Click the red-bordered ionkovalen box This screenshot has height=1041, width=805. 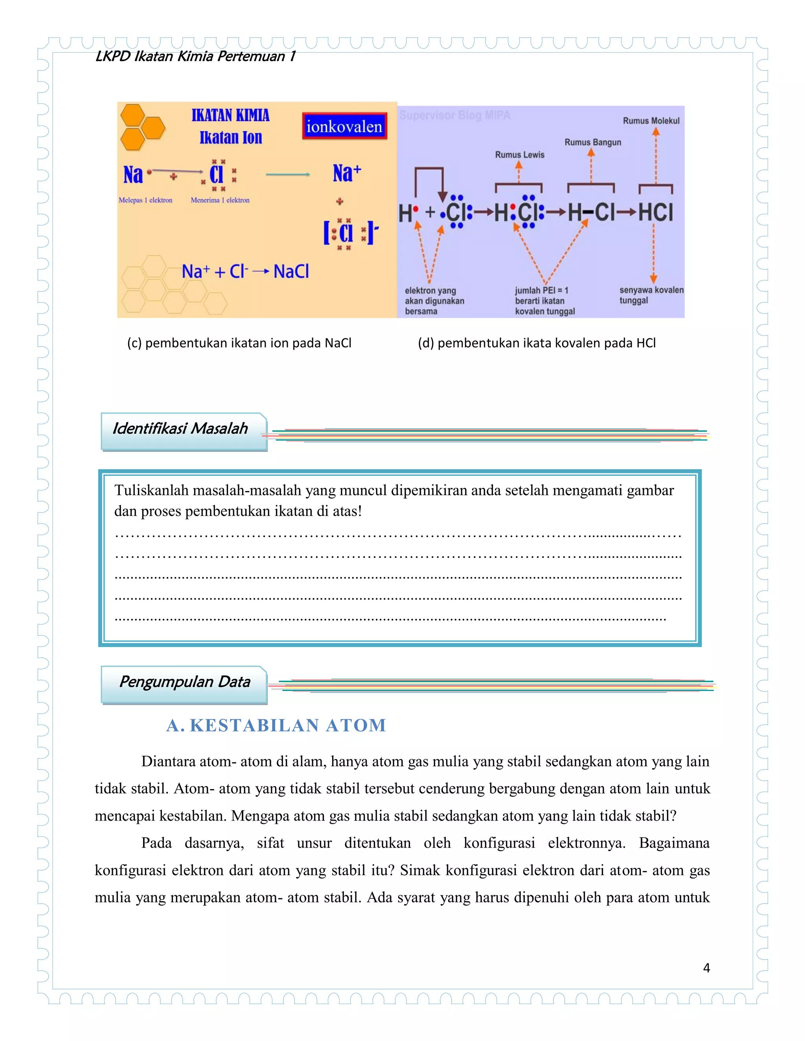344,126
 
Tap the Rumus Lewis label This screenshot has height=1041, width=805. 519,155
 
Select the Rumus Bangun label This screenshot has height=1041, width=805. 593,142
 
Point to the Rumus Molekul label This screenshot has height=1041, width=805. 651,121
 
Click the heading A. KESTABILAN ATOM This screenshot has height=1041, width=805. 276,726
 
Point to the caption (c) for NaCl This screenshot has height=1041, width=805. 239,343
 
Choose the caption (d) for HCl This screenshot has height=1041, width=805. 537,343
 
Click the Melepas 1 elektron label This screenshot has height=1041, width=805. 145,200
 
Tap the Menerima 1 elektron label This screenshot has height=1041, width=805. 220,200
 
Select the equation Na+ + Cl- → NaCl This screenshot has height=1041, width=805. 245,272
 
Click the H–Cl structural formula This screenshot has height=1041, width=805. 590,212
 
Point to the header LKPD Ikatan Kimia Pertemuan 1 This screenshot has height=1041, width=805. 195,57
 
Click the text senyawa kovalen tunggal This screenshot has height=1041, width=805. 651,295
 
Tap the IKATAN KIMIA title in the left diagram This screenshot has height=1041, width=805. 230,115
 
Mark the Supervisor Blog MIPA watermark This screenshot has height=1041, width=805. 454,115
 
